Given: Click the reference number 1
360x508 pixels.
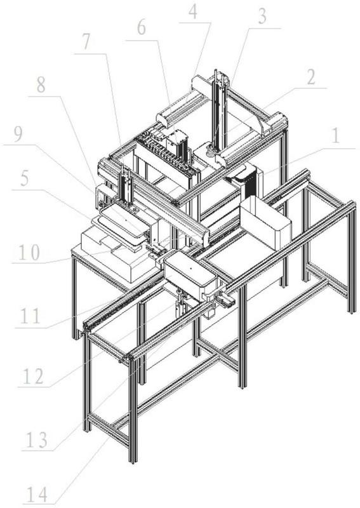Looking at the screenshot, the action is click(336, 136).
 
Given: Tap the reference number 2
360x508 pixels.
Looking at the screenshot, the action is click(311, 77).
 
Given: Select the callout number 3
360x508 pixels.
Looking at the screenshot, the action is click(262, 17).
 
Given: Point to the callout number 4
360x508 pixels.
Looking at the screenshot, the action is click(193, 12).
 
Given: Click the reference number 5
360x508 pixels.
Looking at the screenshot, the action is click(25, 178).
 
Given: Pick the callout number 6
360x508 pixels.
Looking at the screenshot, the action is click(141, 28).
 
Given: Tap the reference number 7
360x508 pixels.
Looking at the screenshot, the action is click(86, 42).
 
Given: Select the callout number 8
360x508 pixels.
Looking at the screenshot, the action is click(41, 85).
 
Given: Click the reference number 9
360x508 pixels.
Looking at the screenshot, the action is click(17, 134).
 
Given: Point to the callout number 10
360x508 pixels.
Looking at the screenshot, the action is click(29, 253).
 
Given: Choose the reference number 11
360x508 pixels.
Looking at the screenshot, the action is click(30, 316).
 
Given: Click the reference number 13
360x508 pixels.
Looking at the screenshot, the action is click(36, 440).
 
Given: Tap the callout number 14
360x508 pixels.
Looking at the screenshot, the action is click(37, 495).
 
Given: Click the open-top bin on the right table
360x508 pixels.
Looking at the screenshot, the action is click(265, 223).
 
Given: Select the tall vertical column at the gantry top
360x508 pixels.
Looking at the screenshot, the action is click(218, 110).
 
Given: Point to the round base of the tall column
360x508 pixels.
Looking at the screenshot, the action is click(212, 150).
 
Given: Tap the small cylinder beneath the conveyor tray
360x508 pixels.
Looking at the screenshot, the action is click(180, 305).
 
